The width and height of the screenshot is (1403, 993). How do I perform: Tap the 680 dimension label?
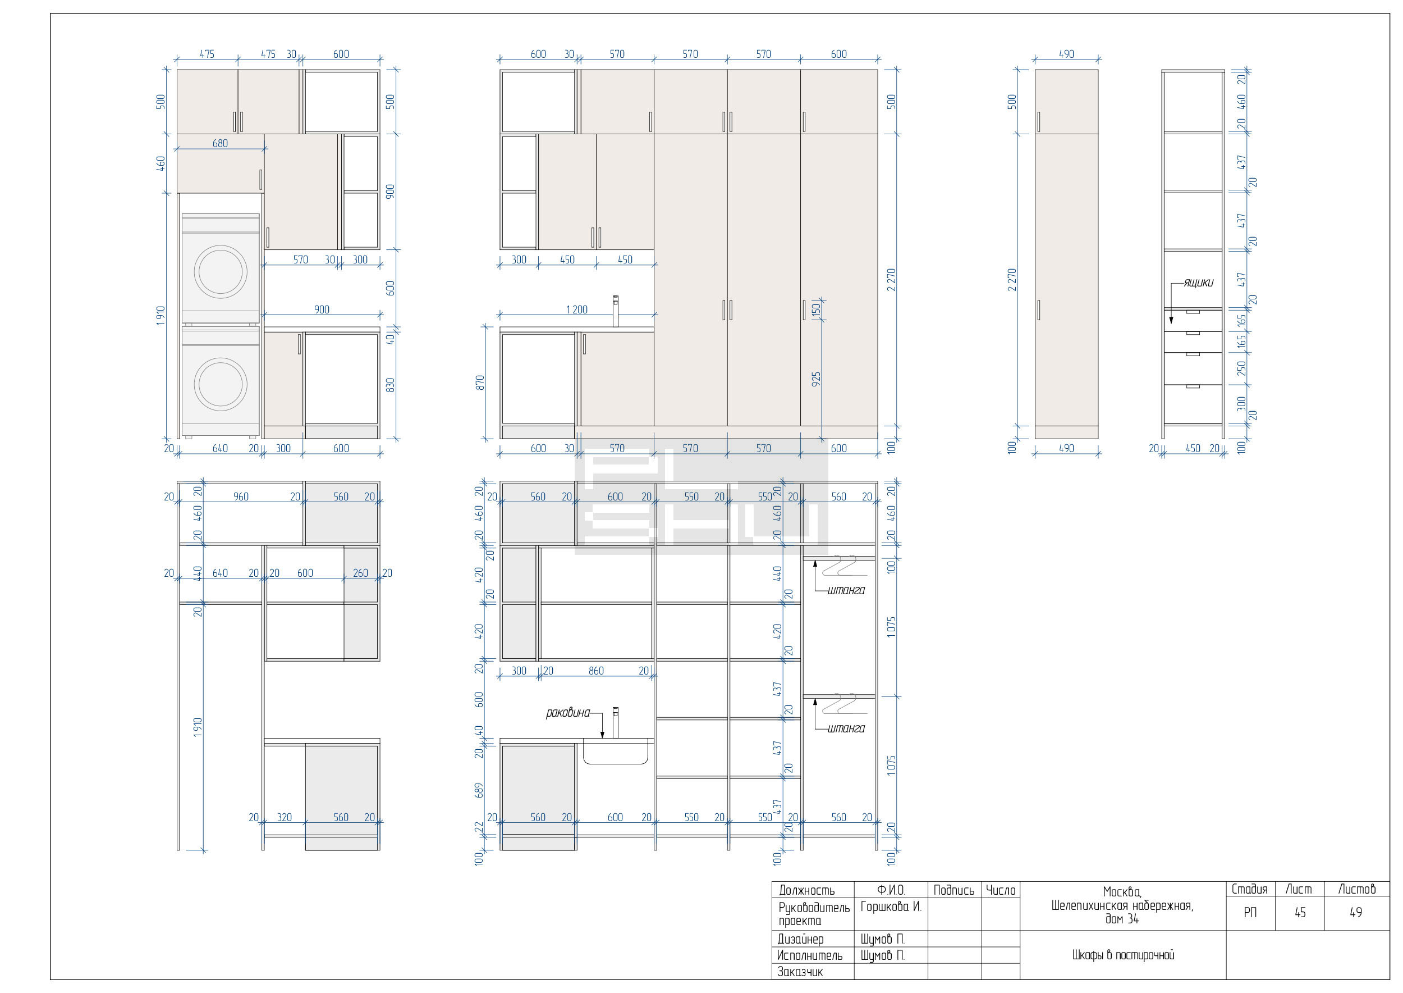click(220, 144)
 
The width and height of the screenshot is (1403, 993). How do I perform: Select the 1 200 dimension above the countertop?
click(576, 310)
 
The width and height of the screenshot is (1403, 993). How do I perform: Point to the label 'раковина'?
click(568, 713)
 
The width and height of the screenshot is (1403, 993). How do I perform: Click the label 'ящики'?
click(1198, 283)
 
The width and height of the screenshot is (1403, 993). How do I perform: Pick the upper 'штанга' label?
click(846, 591)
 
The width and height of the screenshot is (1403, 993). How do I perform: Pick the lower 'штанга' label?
click(846, 729)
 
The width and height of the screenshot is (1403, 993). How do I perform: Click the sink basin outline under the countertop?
click(615, 763)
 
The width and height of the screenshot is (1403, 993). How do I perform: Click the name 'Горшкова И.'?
click(890, 907)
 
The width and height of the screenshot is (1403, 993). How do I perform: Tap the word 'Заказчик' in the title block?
click(800, 972)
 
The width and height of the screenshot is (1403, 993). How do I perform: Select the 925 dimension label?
click(817, 379)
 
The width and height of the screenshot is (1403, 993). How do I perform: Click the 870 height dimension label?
click(480, 383)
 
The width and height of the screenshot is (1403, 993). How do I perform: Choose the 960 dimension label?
click(241, 497)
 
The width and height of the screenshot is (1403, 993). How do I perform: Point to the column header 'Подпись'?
click(954, 891)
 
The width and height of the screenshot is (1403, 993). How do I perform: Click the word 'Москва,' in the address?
click(1122, 892)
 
